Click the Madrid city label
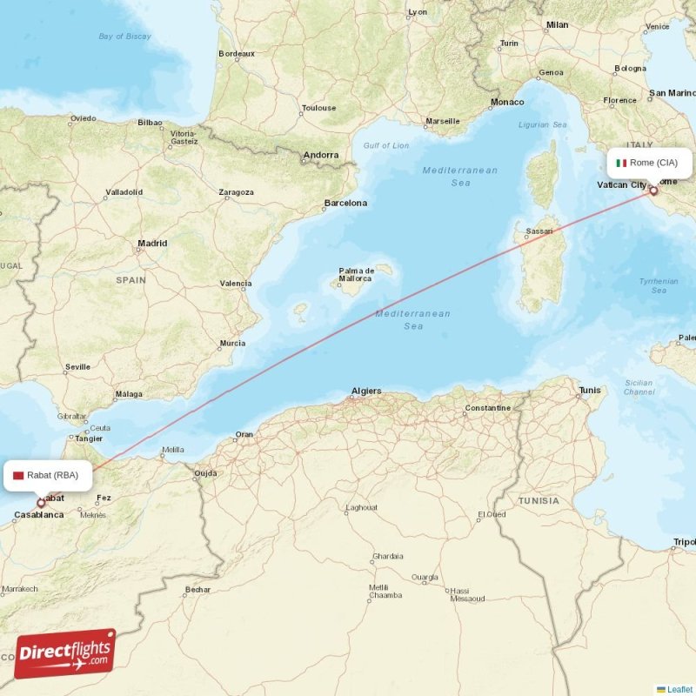coord(152,244)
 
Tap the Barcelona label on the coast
coord(345,204)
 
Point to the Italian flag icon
coord(621,163)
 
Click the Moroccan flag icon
coord(18,476)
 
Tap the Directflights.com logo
coord(65,653)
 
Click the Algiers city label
coord(365,391)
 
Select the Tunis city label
coord(590,391)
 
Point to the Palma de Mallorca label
coord(355,274)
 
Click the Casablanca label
coord(38,515)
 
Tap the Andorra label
coord(320,156)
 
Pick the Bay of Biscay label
coord(124,37)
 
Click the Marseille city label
coord(442,121)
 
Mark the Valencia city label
coord(236,284)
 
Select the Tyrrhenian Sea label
coord(659,285)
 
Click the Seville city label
coord(77,367)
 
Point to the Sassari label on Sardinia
coord(539,231)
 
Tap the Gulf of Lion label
coord(385,145)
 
